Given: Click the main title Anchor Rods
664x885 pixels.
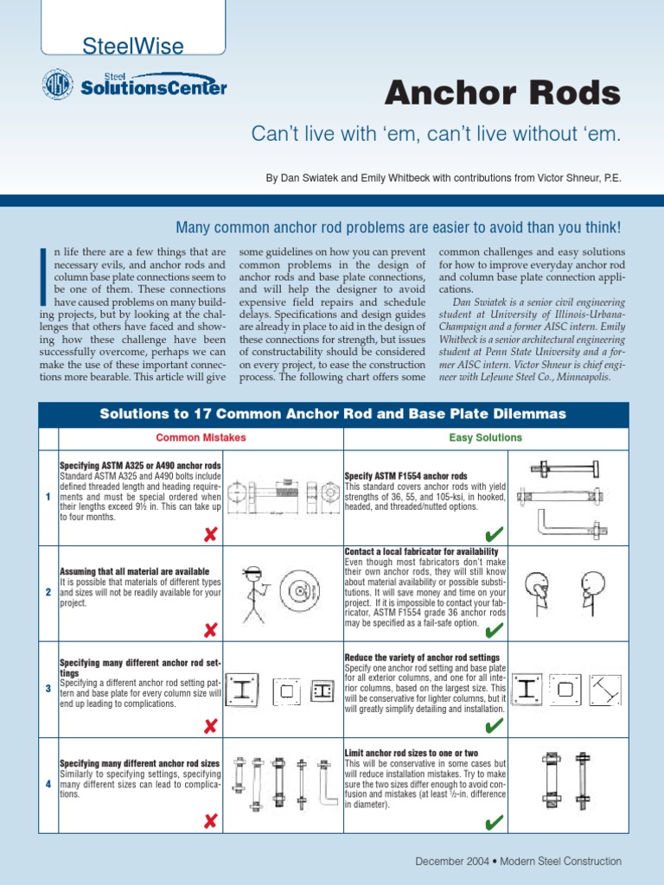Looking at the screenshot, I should [502, 93].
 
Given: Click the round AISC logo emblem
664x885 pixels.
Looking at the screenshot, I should [58, 85].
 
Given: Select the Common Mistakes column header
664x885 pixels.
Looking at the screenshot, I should [201, 437].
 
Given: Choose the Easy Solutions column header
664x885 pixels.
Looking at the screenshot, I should [485, 437].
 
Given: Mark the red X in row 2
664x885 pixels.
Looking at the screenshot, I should [209, 630].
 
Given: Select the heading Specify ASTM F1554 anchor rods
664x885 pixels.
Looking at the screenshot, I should [405, 476].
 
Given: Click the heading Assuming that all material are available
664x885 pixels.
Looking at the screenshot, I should [134, 572].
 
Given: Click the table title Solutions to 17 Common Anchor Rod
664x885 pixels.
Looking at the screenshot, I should [333, 414].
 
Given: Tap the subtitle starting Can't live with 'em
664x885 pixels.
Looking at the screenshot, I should [436, 134].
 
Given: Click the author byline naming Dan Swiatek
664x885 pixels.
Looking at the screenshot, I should [443, 178].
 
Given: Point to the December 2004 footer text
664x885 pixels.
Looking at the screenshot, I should [518, 861].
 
